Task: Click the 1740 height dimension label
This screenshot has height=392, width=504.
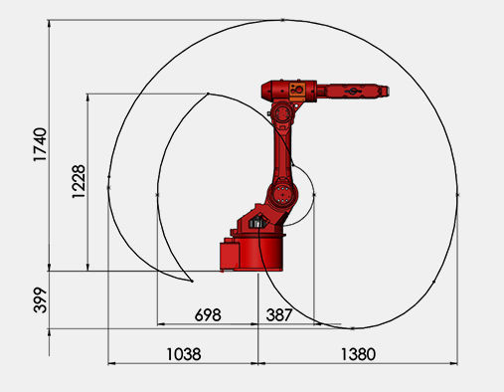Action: pos(40,144)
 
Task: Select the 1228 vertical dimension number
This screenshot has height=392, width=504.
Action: pos(79,182)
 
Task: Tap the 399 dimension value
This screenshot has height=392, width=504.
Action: pos(41,300)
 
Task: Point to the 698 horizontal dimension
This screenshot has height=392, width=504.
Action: pos(208,314)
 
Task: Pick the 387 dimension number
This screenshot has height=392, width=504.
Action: pos(279,314)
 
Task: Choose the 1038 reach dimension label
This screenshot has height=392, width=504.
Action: pos(184,354)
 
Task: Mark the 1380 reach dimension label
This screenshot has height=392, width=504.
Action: pos(358,354)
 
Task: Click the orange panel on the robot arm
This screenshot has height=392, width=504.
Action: pos(297,92)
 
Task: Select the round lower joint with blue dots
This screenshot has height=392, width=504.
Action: pos(282,194)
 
